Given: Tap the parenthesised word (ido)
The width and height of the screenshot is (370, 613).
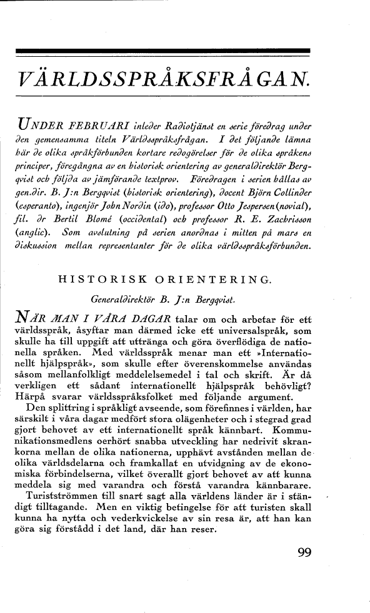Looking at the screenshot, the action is click(x=171, y=202).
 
